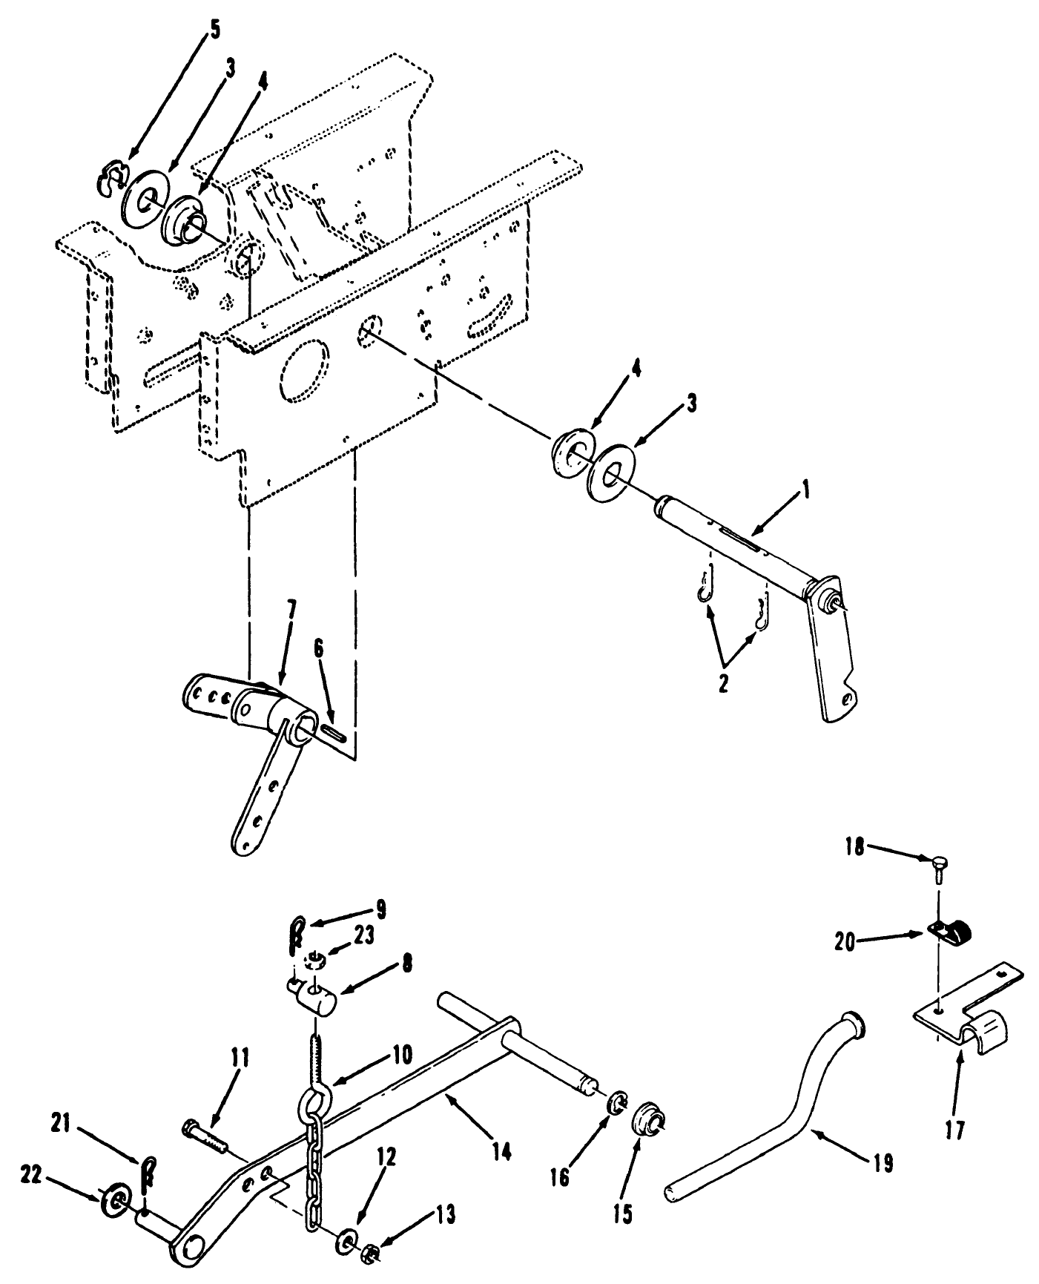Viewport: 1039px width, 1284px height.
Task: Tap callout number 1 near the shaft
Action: tap(807, 491)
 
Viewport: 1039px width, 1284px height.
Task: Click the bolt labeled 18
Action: tap(936, 865)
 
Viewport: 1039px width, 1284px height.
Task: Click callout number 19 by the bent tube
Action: tap(883, 1163)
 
